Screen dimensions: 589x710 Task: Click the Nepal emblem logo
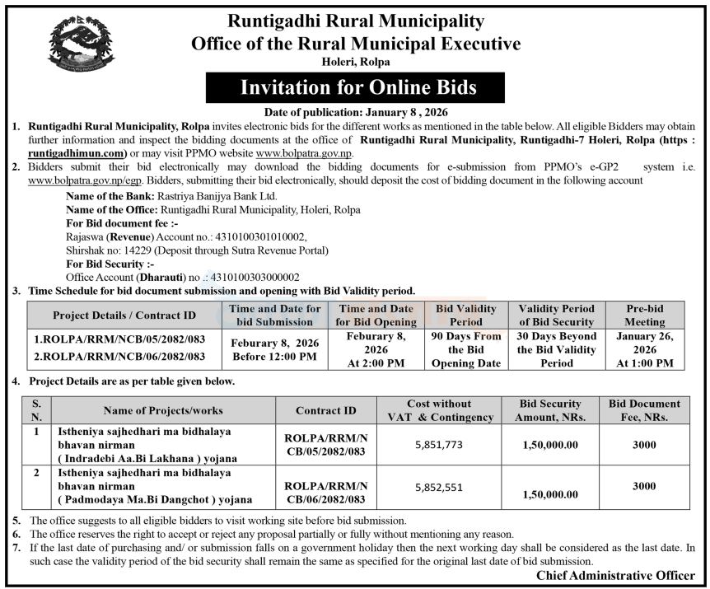click(82, 43)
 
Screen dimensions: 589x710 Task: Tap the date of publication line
click(356, 112)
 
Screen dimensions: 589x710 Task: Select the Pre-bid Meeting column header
click(644, 315)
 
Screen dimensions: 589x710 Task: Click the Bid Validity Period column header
click(466, 315)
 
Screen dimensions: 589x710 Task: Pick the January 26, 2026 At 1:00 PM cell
click(644, 350)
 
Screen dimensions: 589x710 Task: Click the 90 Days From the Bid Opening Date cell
click(466, 350)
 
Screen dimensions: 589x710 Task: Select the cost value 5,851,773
click(440, 445)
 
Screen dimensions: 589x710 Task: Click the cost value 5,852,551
click(440, 486)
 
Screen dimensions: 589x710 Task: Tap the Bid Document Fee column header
click(644, 410)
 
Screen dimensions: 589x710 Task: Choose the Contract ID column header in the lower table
click(326, 410)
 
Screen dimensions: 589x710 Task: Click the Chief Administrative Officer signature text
click(615, 575)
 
